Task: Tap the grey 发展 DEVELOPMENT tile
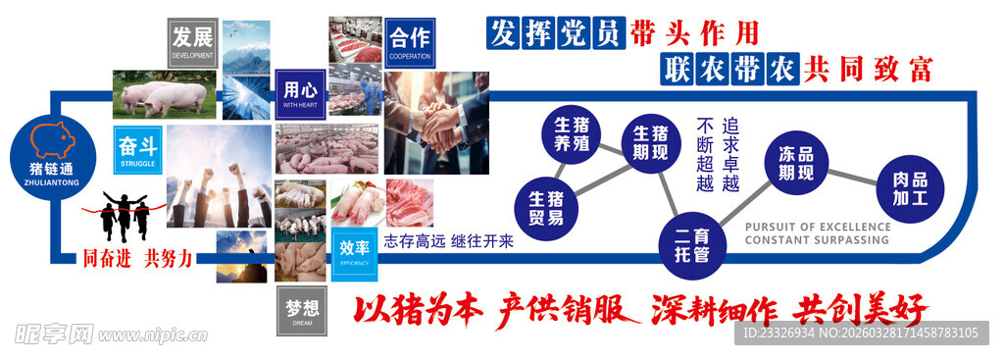tap(192, 42)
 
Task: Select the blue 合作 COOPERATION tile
tap(410, 43)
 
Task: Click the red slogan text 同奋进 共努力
tap(136, 259)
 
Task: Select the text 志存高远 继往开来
tap(448, 241)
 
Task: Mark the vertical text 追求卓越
tap(730, 155)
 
